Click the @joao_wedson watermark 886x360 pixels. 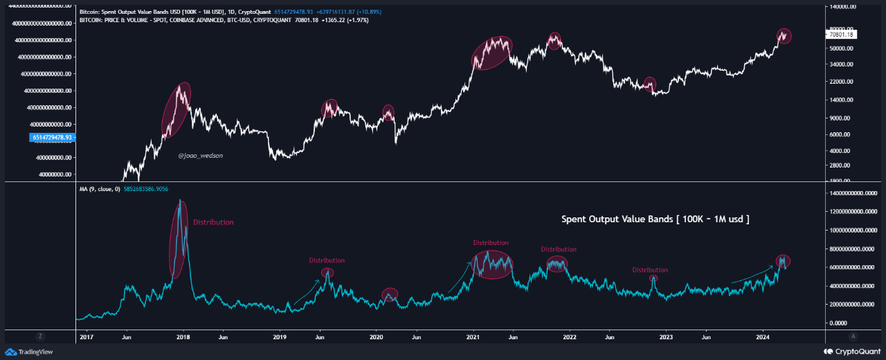(201, 156)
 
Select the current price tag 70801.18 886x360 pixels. (842, 35)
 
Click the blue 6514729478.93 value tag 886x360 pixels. (53, 137)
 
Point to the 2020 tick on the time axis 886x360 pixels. (376, 337)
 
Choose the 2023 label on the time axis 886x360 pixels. (666, 337)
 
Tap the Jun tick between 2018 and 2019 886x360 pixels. (223, 337)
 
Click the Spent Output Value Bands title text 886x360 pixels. (655, 219)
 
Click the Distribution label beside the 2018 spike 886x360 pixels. (213, 222)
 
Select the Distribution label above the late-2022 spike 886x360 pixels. (649, 270)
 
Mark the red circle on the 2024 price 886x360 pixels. (783, 36)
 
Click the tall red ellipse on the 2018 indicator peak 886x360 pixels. (179, 239)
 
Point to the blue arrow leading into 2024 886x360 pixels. (752, 275)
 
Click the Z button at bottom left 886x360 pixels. (41, 336)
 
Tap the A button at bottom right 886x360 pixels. (853, 336)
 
